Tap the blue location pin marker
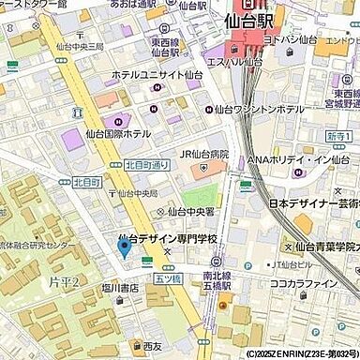(124, 248)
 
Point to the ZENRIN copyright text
(299, 354)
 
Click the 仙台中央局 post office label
(138, 194)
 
